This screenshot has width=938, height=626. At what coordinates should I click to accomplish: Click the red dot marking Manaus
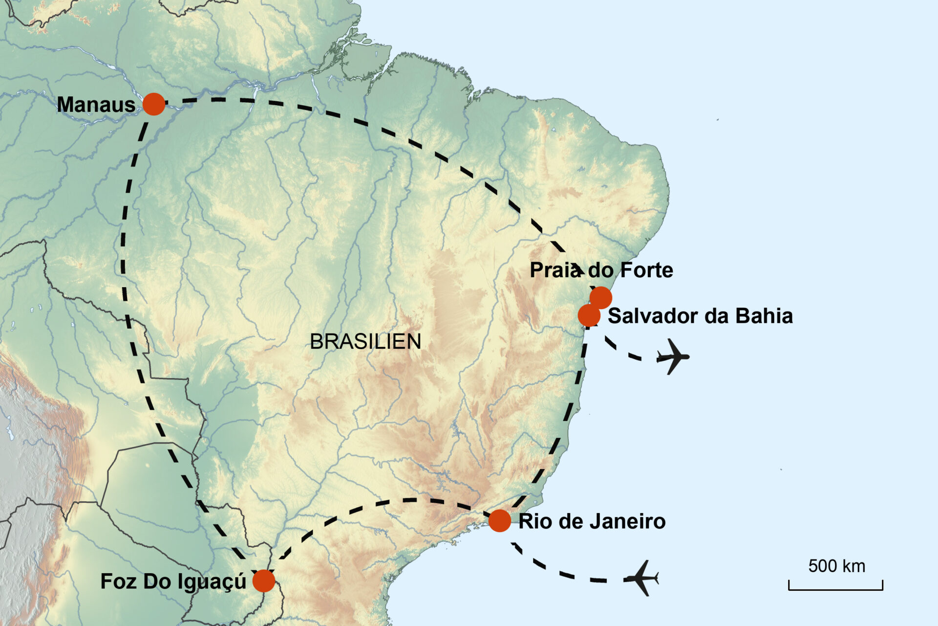tap(154, 104)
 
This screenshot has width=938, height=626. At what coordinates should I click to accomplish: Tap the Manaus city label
tap(96, 105)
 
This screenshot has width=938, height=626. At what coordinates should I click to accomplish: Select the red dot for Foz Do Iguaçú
tap(264, 581)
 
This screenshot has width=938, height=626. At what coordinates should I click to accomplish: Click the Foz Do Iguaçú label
tap(173, 581)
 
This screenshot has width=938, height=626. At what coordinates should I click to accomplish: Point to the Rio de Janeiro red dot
tap(500, 520)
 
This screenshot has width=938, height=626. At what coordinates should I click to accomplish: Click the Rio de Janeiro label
tap(592, 521)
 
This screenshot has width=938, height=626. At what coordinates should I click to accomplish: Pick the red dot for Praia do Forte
tap(601, 297)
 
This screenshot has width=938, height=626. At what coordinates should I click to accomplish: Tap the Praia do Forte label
tap(601, 270)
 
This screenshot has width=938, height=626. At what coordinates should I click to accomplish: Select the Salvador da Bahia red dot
tap(589, 315)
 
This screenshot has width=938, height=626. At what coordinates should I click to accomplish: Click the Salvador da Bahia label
tap(700, 316)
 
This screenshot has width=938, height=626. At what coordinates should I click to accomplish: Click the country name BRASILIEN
tap(365, 341)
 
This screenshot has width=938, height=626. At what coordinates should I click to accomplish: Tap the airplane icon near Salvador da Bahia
tap(673, 357)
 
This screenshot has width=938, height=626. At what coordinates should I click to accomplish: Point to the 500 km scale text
tap(836, 566)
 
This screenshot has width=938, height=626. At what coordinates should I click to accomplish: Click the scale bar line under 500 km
tap(835, 589)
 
